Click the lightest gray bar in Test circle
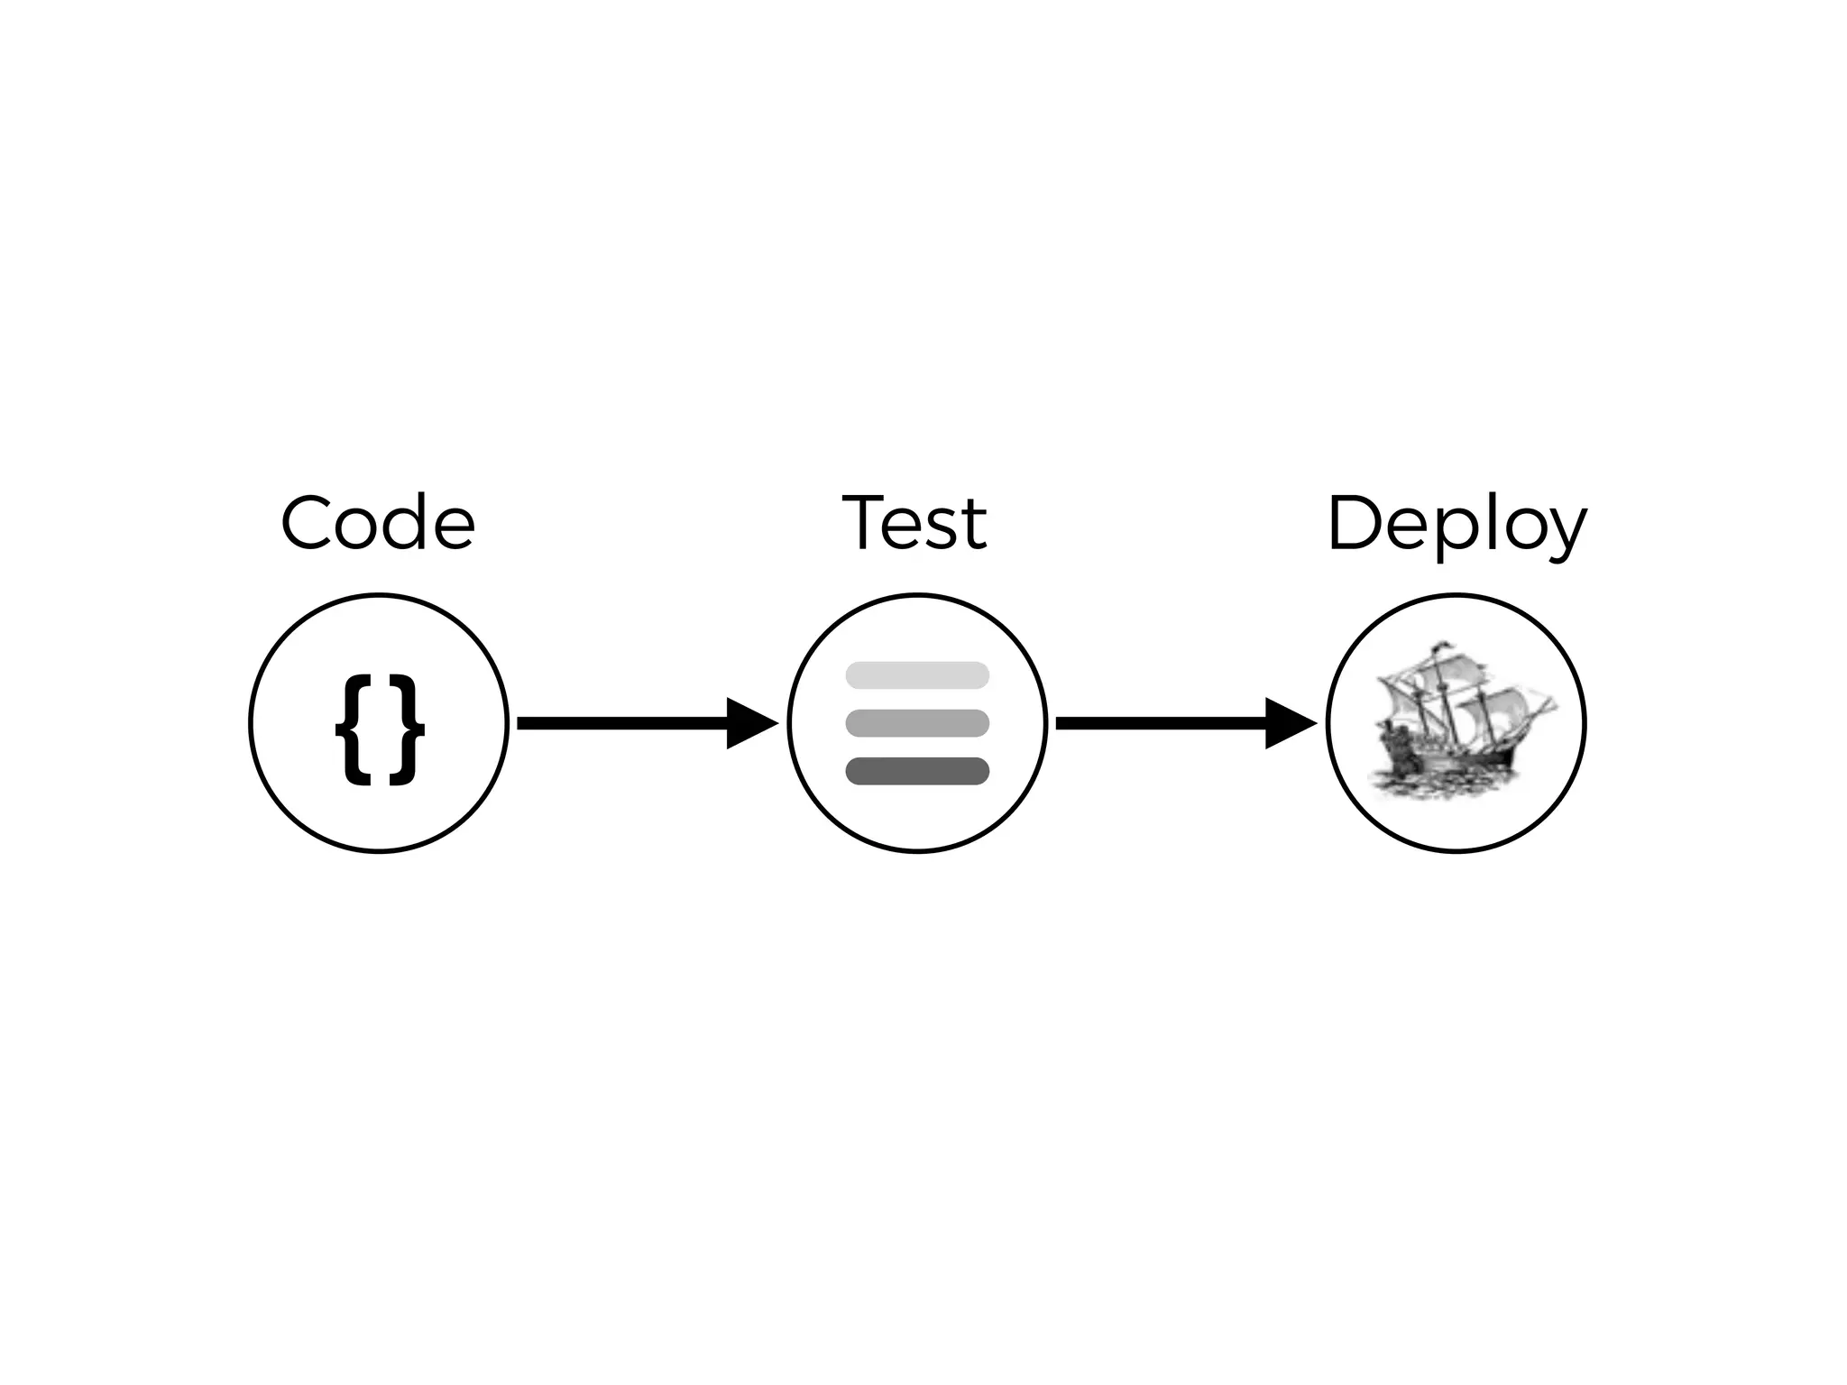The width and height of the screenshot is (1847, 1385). pyautogui.click(x=917, y=674)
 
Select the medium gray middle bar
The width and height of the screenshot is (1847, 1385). pyautogui.click(x=917, y=723)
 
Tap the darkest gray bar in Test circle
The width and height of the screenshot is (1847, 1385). pyautogui.click(x=917, y=771)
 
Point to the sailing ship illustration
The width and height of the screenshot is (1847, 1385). pyautogui.click(x=1456, y=721)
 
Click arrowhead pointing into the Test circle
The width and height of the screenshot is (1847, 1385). pyautogui.click(x=749, y=723)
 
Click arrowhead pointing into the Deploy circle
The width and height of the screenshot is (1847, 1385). pyautogui.click(x=1287, y=723)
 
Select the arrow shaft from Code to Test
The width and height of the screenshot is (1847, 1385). pyautogui.click(x=622, y=723)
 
